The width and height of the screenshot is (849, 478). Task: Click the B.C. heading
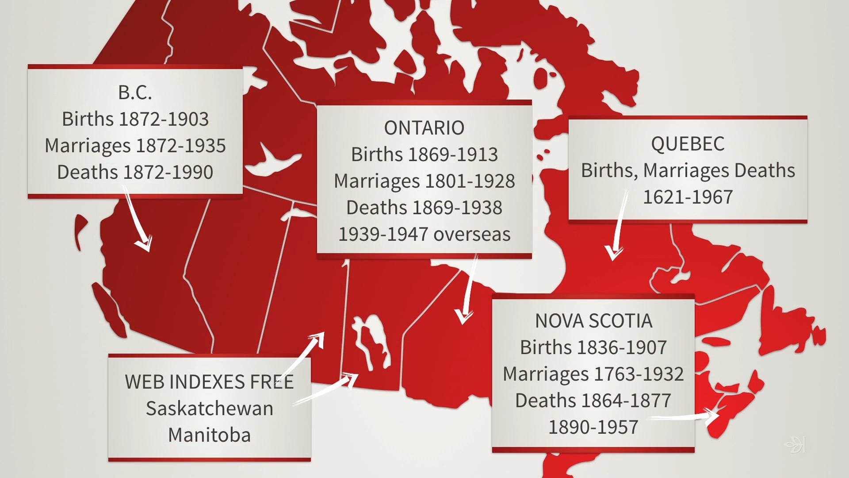point(135,93)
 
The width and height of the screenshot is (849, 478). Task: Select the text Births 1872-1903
point(135,119)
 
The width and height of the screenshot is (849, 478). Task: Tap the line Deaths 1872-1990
point(135,172)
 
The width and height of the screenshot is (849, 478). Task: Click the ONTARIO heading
point(424,128)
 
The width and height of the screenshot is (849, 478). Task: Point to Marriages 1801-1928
point(424,181)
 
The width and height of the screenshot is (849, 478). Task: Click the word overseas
point(472,234)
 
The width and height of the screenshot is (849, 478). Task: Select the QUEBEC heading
point(688,144)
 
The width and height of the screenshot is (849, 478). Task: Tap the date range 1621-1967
point(688,197)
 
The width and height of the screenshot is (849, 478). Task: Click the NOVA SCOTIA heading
point(593,321)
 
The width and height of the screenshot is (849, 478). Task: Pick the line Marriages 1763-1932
point(593,374)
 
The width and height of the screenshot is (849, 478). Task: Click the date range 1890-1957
point(593,427)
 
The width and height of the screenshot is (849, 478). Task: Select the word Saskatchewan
point(210,409)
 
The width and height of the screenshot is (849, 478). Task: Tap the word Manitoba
point(210,435)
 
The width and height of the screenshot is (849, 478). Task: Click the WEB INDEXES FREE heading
point(210,382)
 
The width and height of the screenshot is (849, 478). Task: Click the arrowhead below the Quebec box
point(613,254)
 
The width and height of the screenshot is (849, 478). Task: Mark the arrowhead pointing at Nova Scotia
point(712,416)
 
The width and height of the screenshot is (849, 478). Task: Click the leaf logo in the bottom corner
point(795,444)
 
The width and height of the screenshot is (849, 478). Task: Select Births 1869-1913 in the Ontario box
point(424,154)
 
